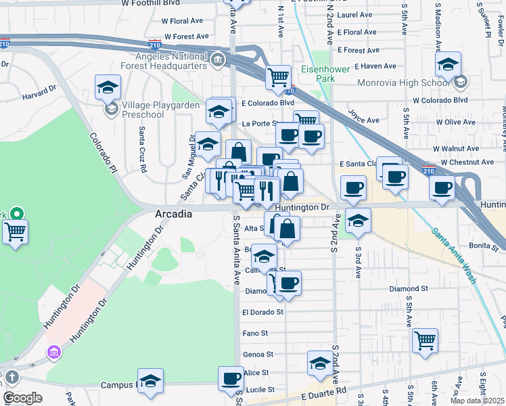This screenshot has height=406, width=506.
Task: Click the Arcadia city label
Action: (x=173, y=213)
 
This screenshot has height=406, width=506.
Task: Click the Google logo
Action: (x=22, y=398)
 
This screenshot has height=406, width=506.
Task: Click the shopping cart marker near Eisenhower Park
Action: (x=278, y=76)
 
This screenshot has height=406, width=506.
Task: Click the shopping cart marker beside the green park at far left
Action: (x=15, y=231)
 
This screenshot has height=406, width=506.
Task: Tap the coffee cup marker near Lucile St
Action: (x=231, y=378)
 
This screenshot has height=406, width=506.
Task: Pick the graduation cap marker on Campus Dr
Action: (x=150, y=380)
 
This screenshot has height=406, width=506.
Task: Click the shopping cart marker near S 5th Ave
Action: (x=425, y=340)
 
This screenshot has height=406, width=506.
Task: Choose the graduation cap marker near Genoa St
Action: (x=320, y=363)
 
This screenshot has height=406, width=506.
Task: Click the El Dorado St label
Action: (x=262, y=312)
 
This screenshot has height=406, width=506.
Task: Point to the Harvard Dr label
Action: (x=38, y=95)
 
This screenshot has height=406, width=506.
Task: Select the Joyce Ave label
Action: (x=363, y=120)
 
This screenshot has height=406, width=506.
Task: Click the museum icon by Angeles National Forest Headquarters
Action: (x=218, y=61)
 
